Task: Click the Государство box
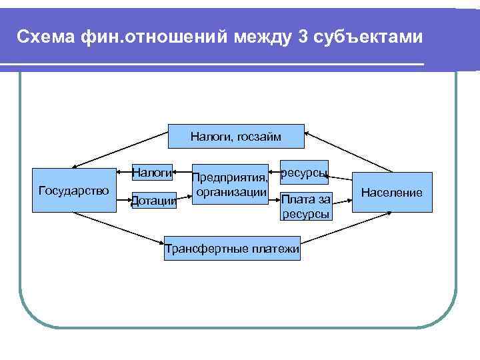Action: pos(73,192)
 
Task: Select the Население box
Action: pos(392,193)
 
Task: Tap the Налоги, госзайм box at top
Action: pos(235,137)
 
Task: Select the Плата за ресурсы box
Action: pos(305,206)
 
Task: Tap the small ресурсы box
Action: pos(304,173)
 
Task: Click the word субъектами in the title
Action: pos(369,37)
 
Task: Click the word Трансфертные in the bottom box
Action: pos(207,249)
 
